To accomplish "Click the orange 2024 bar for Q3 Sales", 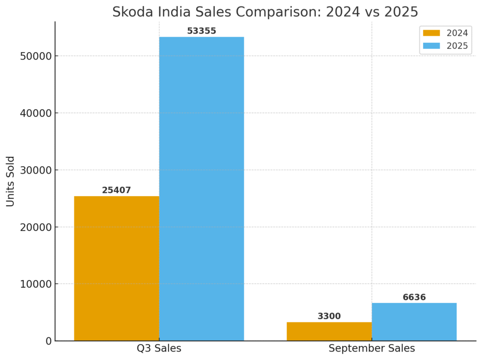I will (x=116, y=268).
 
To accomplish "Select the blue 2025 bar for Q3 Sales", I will (x=201, y=188).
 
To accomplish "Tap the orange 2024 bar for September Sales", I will (x=329, y=331).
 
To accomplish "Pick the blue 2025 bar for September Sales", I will (x=414, y=322).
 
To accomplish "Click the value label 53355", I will (x=201, y=31).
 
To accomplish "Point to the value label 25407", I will (x=116, y=191).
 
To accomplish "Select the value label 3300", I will (x=329, y=316).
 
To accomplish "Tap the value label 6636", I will (x=414, y=297).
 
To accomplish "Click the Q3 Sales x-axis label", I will (x=159, y=349).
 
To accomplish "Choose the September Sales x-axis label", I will (x=371, y=349).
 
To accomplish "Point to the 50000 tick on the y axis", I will (x=36, y=56).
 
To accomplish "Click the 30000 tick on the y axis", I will (x=36, y=170).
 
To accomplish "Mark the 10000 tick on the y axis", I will (x=36, y=284).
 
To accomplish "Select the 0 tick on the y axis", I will (x=48, y=341).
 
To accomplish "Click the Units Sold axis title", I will (x=11, y=181).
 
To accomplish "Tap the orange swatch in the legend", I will (x=431, y=33).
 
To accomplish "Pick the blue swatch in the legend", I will (x=431, y=46).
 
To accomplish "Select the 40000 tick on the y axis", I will (x=36, y=113).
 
